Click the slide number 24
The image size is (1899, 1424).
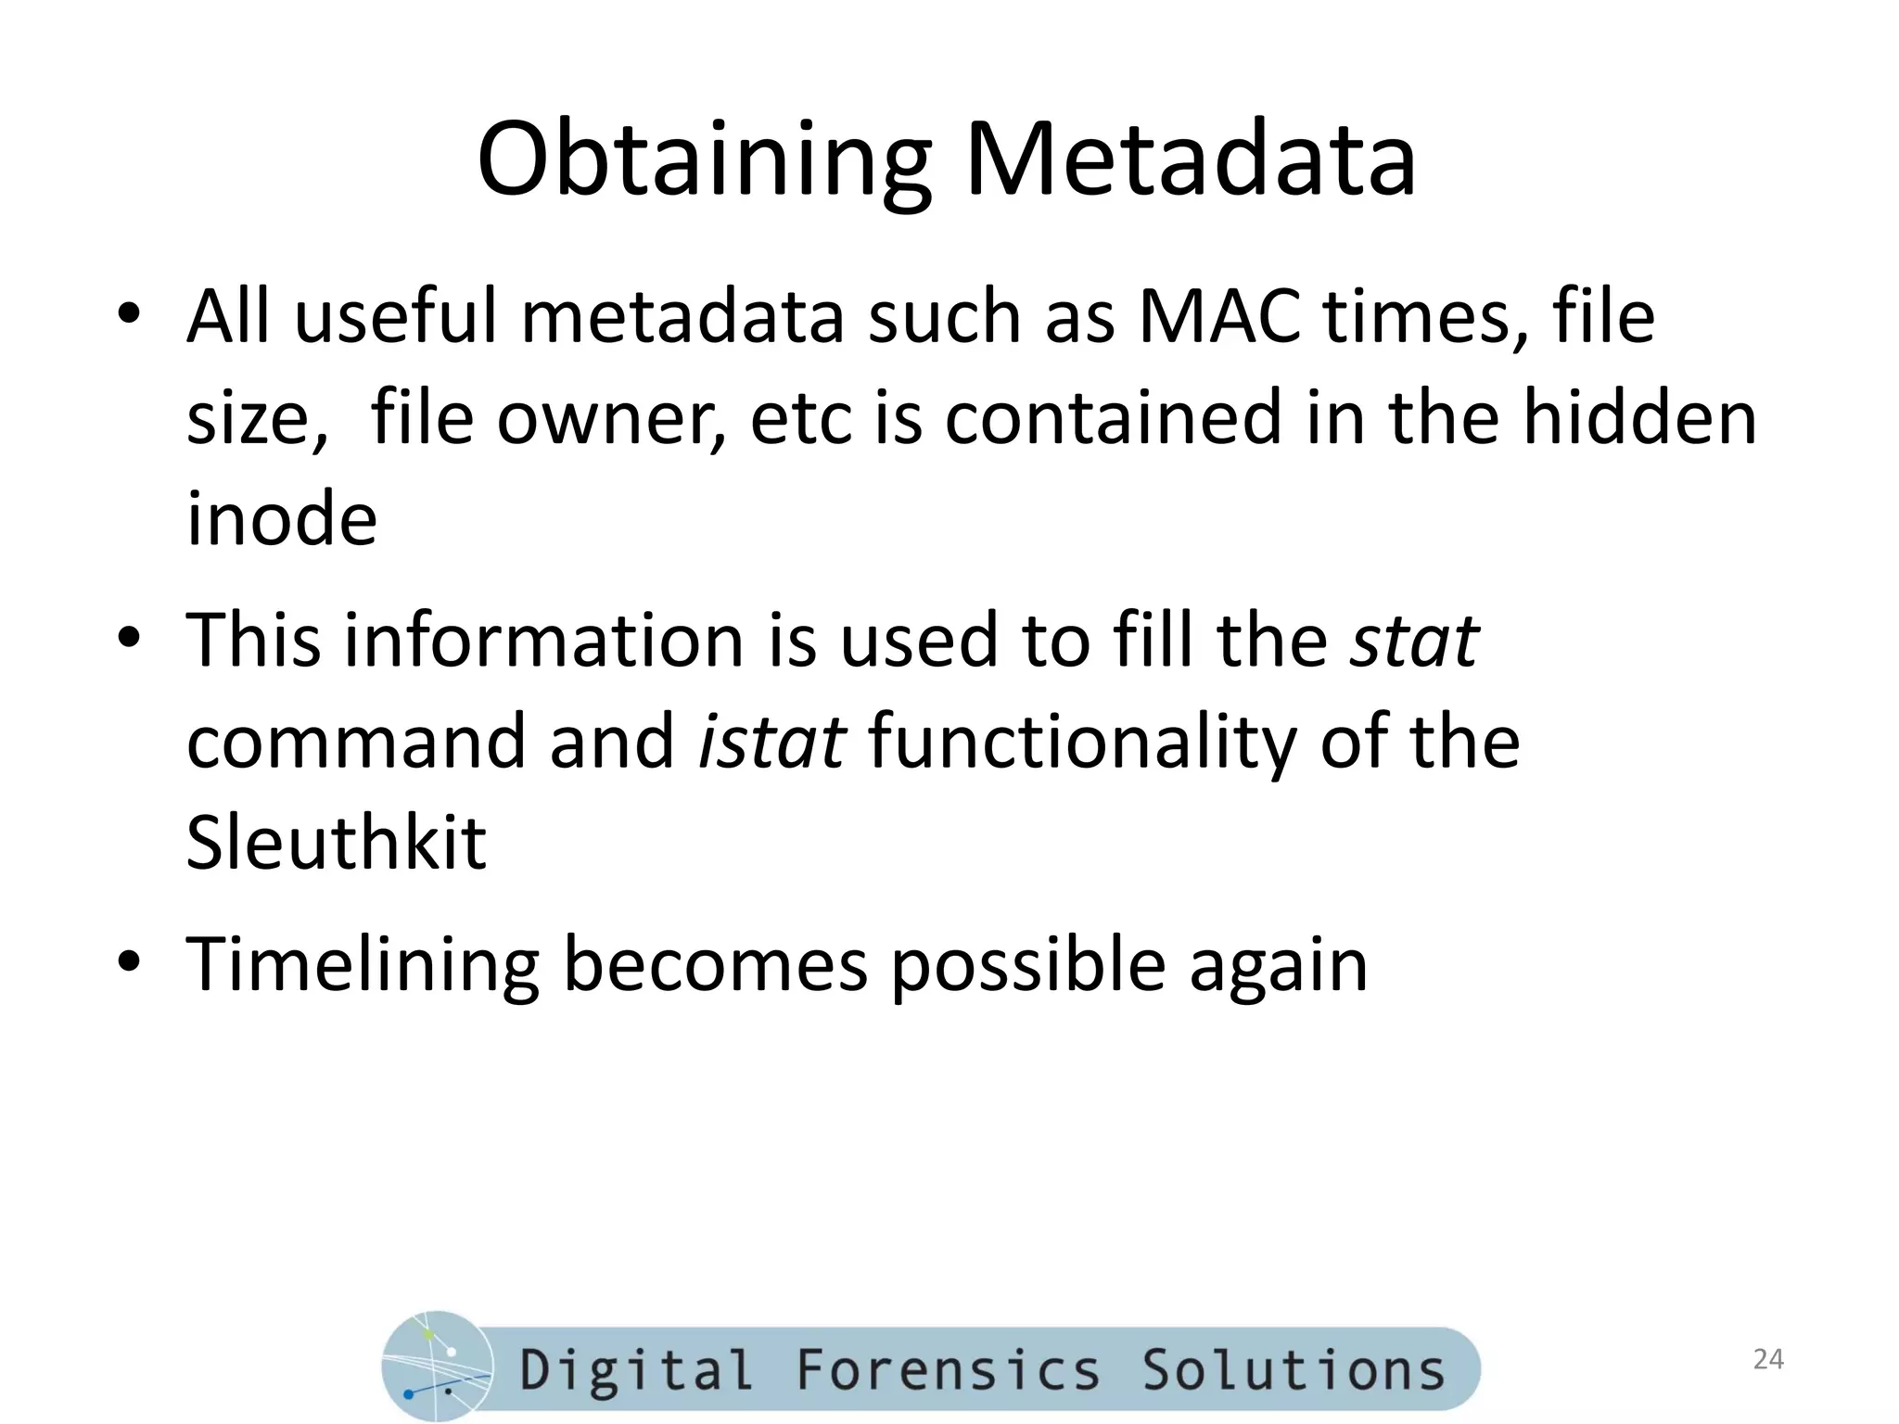[x=1768, y=1359]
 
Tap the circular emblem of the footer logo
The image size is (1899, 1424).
[x=436, y=1367]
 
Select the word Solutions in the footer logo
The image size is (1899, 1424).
[x=1293, y=1370]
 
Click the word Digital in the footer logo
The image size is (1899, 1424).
[x=635, y=1370]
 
